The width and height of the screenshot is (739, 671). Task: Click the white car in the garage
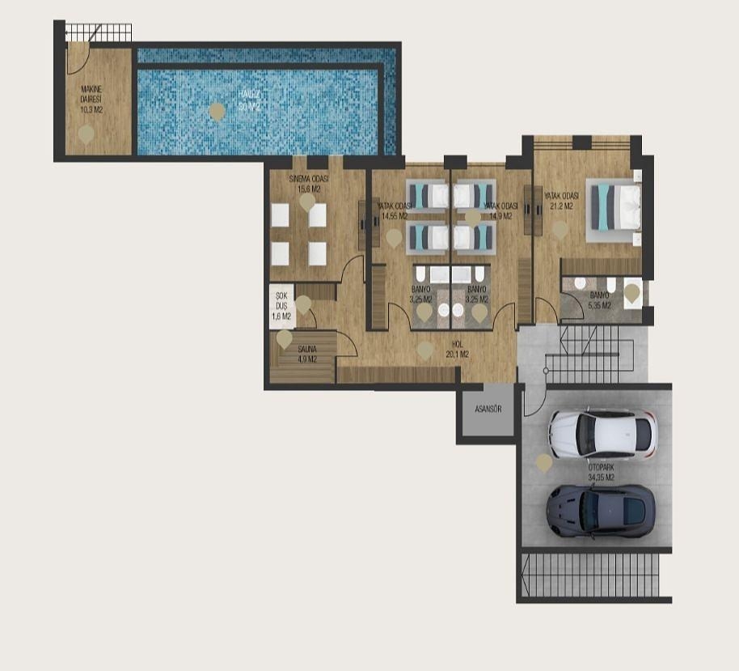point(602,434)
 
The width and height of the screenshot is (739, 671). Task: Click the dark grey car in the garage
point(600,510)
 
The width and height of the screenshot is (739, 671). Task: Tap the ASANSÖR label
point(488,409)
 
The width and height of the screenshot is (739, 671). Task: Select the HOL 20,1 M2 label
point(457,350)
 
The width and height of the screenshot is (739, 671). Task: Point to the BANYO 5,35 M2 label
point(600,300)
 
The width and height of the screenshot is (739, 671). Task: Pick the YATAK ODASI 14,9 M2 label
point(500,210)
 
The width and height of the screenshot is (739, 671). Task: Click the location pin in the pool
point(216,111)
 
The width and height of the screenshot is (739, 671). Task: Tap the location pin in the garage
point(544,462)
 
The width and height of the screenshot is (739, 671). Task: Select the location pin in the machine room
point(85,134)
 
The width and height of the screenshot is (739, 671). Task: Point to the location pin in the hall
point(424,350)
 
